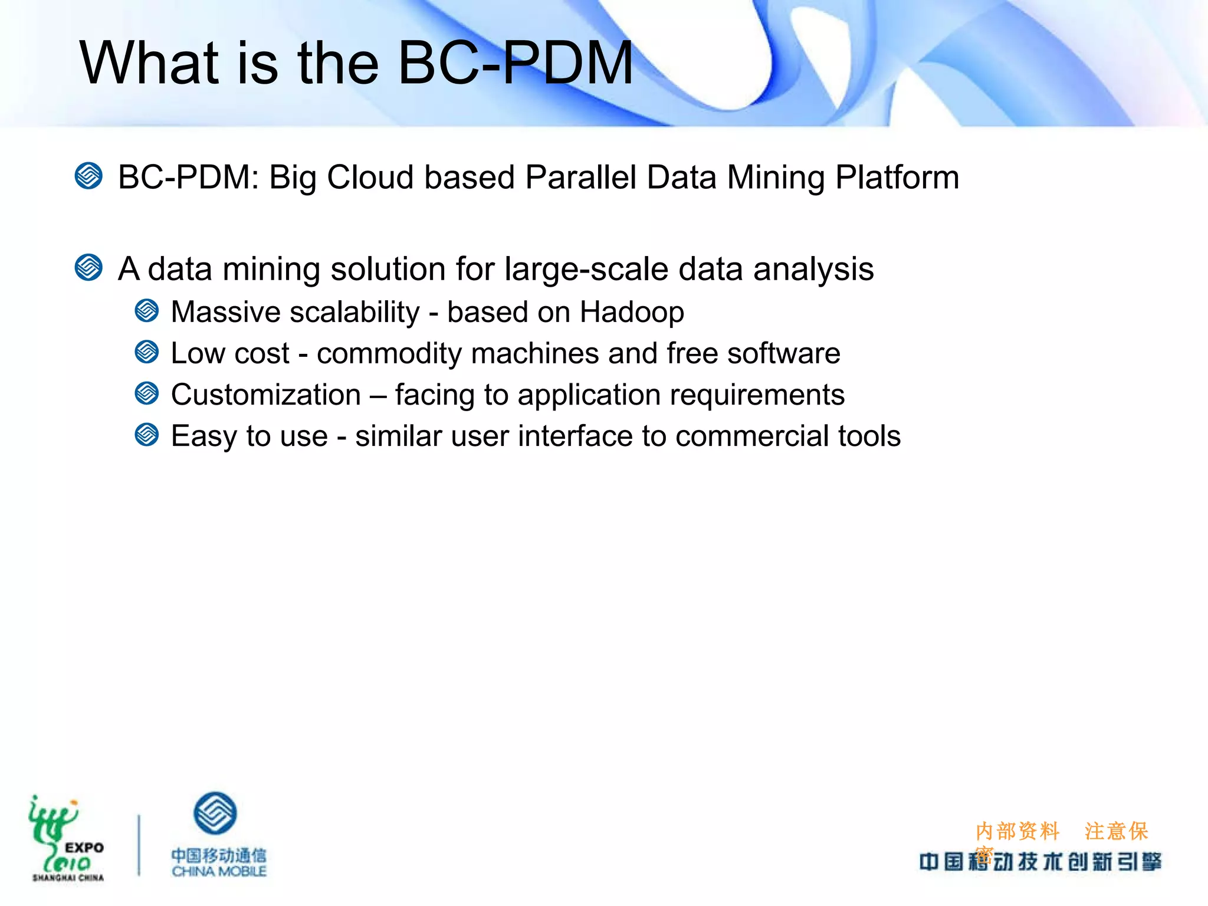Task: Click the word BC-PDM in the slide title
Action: pyautogui.click(x=515, y=63)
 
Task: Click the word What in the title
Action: pyautogui.click(x=150, y=63)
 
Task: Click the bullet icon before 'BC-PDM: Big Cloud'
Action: pyautogui.click(x=89, y=176)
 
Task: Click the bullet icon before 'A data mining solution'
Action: pyautogui.click(x=89, y=268)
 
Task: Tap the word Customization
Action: pyautogui.click(x=266, y=395)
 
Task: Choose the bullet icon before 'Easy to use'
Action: pyautogui.click(x=147, y=435)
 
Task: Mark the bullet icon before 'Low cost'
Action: pyautogui.click(x=147, y=352)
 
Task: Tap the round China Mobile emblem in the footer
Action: pyautogui.click(x=215, y=813)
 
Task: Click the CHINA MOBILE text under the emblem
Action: pyautogui.click(x=219, y=871)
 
